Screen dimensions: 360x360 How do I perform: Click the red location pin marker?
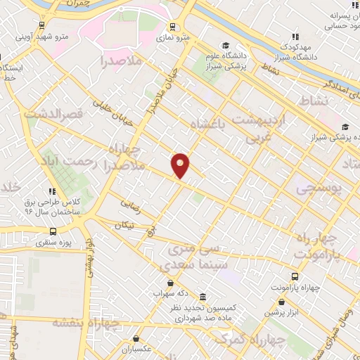click(181, 166)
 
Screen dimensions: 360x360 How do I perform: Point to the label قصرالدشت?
click(53, 112)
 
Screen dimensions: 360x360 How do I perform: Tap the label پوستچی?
click(317, 189)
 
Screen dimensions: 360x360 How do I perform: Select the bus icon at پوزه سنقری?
click(53, 231)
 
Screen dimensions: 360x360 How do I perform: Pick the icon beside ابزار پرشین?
click(269, 311)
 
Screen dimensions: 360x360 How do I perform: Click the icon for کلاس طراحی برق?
click(51, 191)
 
